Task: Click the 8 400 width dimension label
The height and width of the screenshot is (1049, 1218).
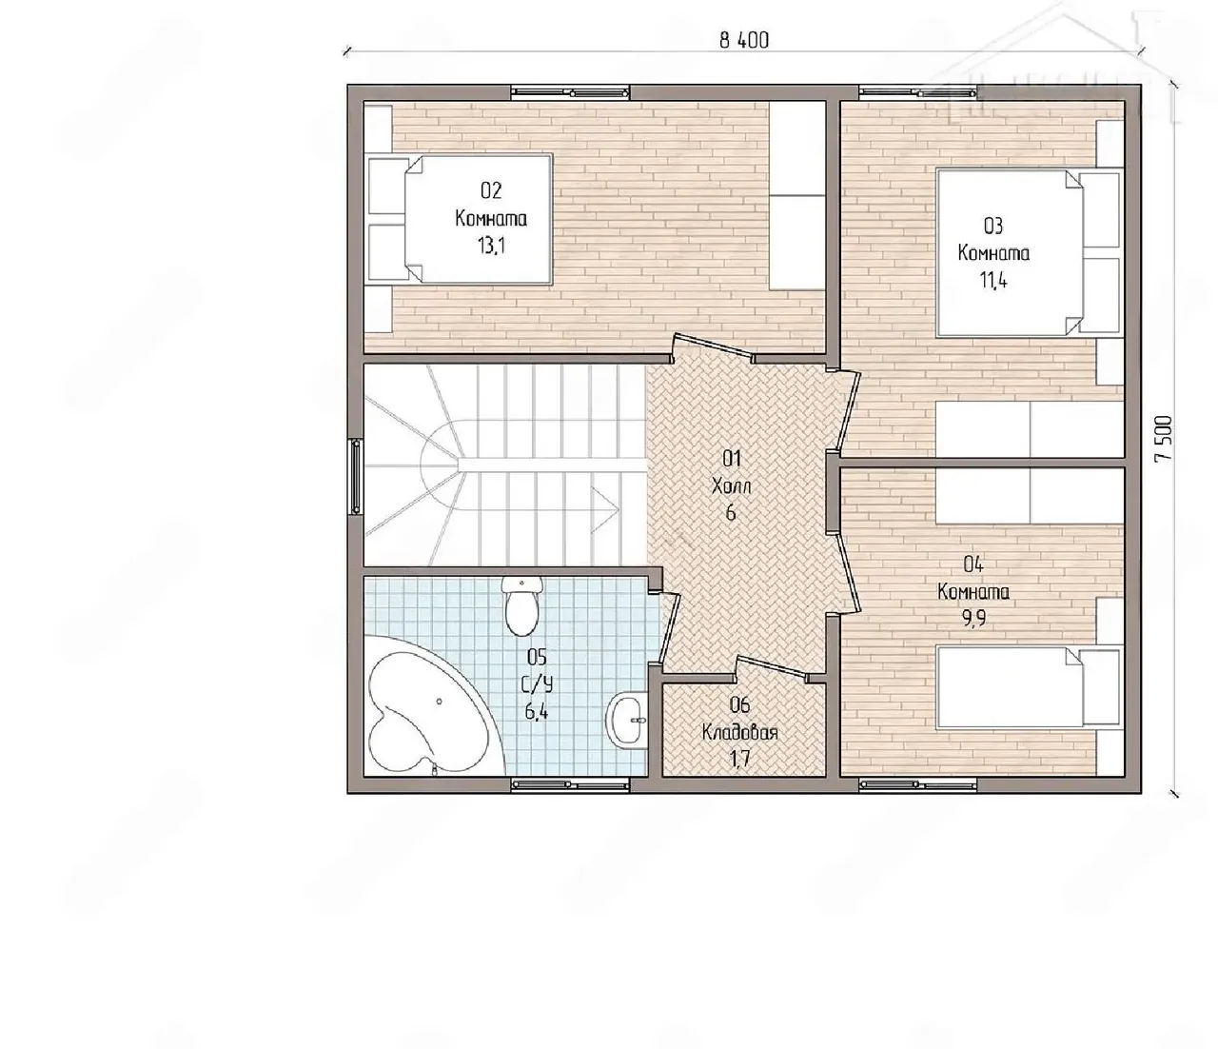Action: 743,40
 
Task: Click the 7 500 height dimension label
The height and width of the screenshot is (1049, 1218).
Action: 1164,439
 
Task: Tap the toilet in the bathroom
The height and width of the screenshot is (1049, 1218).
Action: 521,605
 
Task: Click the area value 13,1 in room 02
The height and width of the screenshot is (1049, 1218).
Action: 491,246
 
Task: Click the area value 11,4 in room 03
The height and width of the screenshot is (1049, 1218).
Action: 993,280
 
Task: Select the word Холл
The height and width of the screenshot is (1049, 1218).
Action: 731,486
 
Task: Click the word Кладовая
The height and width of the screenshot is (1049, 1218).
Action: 740,733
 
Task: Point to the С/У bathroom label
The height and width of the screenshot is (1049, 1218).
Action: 538,684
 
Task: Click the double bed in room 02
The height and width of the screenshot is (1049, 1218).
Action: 460,219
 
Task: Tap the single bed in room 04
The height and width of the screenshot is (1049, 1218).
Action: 1029,687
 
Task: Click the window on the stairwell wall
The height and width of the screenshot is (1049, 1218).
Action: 355,477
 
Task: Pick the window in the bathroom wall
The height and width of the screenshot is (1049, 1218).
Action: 570,784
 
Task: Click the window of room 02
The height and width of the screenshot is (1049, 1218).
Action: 570,92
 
